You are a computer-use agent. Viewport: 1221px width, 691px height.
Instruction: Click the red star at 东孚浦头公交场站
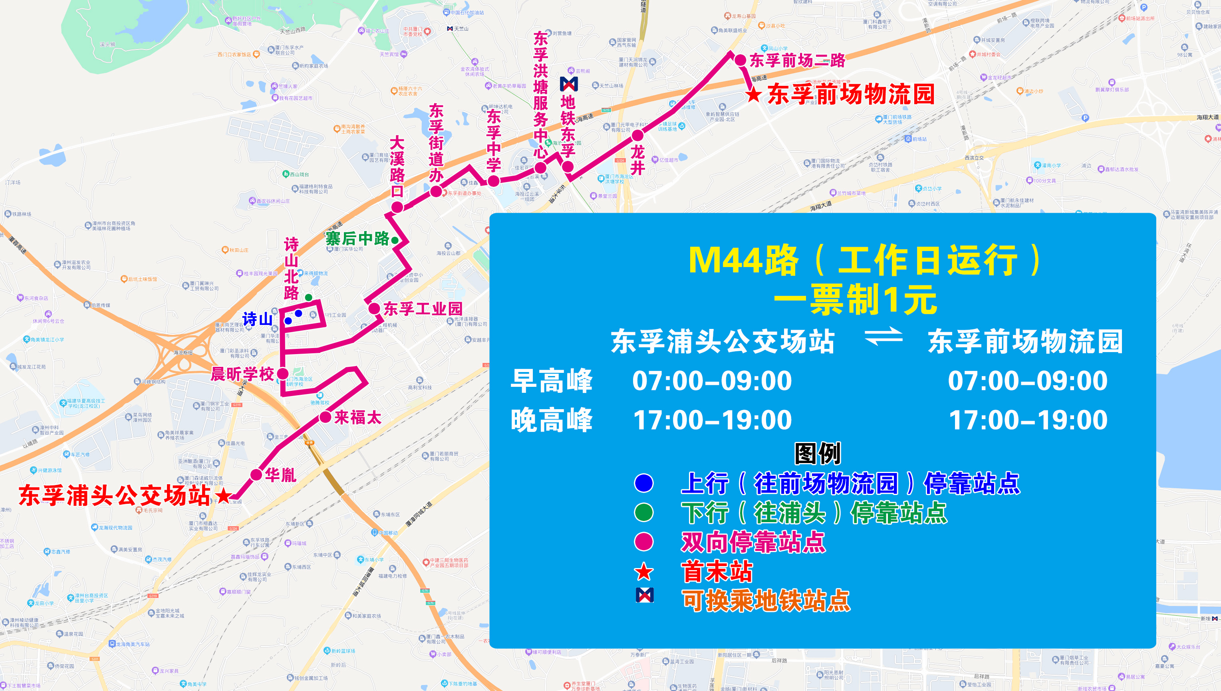223,495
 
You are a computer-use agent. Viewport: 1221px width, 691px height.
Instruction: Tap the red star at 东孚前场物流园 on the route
753,94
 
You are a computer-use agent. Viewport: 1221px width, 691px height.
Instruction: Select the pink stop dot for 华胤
256,475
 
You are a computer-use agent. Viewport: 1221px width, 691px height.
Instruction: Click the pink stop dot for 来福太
325,417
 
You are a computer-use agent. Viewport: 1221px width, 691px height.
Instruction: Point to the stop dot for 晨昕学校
282,374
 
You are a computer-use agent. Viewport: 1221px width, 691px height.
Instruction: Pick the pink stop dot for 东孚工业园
374,309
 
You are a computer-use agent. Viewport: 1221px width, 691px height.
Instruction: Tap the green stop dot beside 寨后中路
395,240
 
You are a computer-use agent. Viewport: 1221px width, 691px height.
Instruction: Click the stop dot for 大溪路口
397,207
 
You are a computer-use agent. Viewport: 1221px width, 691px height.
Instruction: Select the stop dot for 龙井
637,136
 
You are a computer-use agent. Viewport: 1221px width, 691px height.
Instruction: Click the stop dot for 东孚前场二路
740,60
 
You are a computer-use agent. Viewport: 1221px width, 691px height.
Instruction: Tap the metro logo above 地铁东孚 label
569,84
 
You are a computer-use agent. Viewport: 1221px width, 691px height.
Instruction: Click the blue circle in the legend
644,483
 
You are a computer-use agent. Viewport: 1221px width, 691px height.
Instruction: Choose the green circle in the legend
644,513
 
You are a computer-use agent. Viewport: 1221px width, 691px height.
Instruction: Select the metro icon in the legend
644,595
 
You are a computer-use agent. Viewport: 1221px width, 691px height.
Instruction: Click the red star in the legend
644,571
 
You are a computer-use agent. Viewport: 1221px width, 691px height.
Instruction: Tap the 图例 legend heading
818,453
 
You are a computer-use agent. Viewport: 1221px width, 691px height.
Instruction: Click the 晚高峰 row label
552,420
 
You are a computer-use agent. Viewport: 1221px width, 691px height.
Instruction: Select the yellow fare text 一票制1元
856,300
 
